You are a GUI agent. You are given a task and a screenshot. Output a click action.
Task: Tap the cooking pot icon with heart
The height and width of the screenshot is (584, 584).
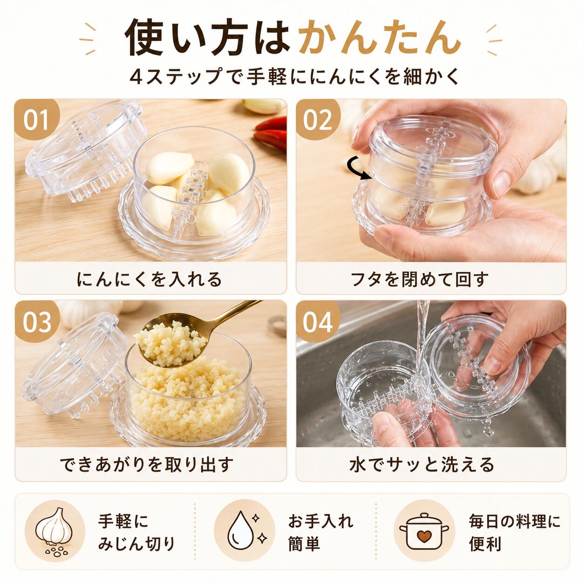[x=424, y=531]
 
